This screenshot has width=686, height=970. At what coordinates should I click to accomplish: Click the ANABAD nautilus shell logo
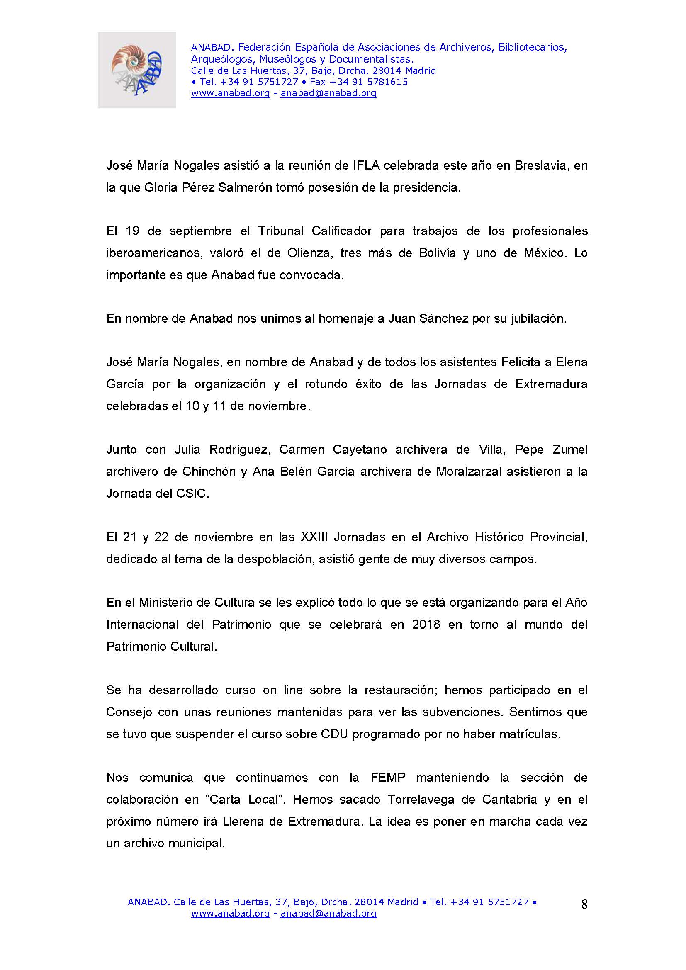click(136, 70)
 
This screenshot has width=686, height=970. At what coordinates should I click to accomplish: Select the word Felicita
click(521, 362)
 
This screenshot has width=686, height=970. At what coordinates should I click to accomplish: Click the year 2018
click(426, 625)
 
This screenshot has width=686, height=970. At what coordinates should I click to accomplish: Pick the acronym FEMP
click(388, 777)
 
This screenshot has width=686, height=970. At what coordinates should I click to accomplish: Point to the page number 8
click(584, 904)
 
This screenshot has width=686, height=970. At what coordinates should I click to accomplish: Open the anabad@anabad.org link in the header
click(328, 93)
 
